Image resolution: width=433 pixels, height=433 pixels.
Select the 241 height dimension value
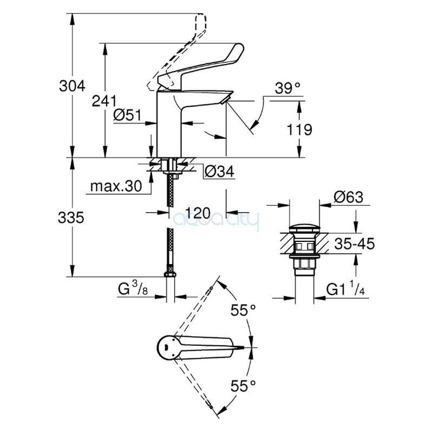coord(104,101)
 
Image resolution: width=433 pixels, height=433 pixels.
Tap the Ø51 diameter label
coord(127,115)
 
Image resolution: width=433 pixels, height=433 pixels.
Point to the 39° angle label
coord(287,89)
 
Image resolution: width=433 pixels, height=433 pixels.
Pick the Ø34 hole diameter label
coord(219,172)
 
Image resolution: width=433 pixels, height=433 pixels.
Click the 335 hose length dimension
coord(73,218)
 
